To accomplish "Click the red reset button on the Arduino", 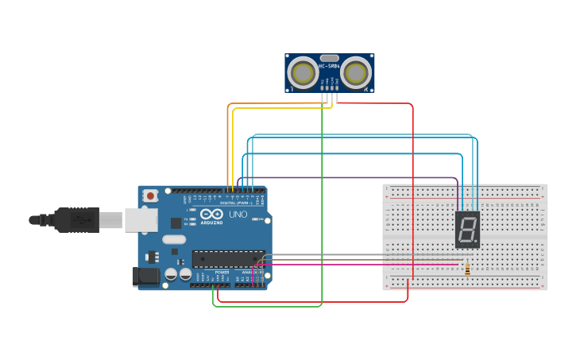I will pyautogui.click(x=149, y=195).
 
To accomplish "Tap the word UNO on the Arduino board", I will pyautogui.click(x=238, y=215).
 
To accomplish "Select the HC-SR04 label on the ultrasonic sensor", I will pyautogui.click(x=329, y=66).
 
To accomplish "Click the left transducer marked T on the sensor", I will pyautogui.click(x=303, y=73).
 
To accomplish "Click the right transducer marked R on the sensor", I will pyautogui.click(x=354, y=73).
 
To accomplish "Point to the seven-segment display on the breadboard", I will pyautogui.click(x=467, y=228).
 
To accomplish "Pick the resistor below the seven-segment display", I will pyautogui.click(x=466, y=269).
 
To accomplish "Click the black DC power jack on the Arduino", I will pyautogui.click(x=142, y=276).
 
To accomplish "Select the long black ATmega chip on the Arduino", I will pyautogui.click(x=228, y=258).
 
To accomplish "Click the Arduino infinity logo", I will pyautogui.click(x=211, y=215).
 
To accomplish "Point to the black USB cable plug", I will pyautogui.click(x=76, y=219).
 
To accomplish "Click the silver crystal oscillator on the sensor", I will pyautogui.click(x=329, y=58).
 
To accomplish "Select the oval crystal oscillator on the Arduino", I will pyautogui.click(x=174, y=239).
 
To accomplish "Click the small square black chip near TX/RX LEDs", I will pyautogui.click(x=176, y=223).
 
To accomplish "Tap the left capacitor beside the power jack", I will pyautogui.click(x=170, y=274).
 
